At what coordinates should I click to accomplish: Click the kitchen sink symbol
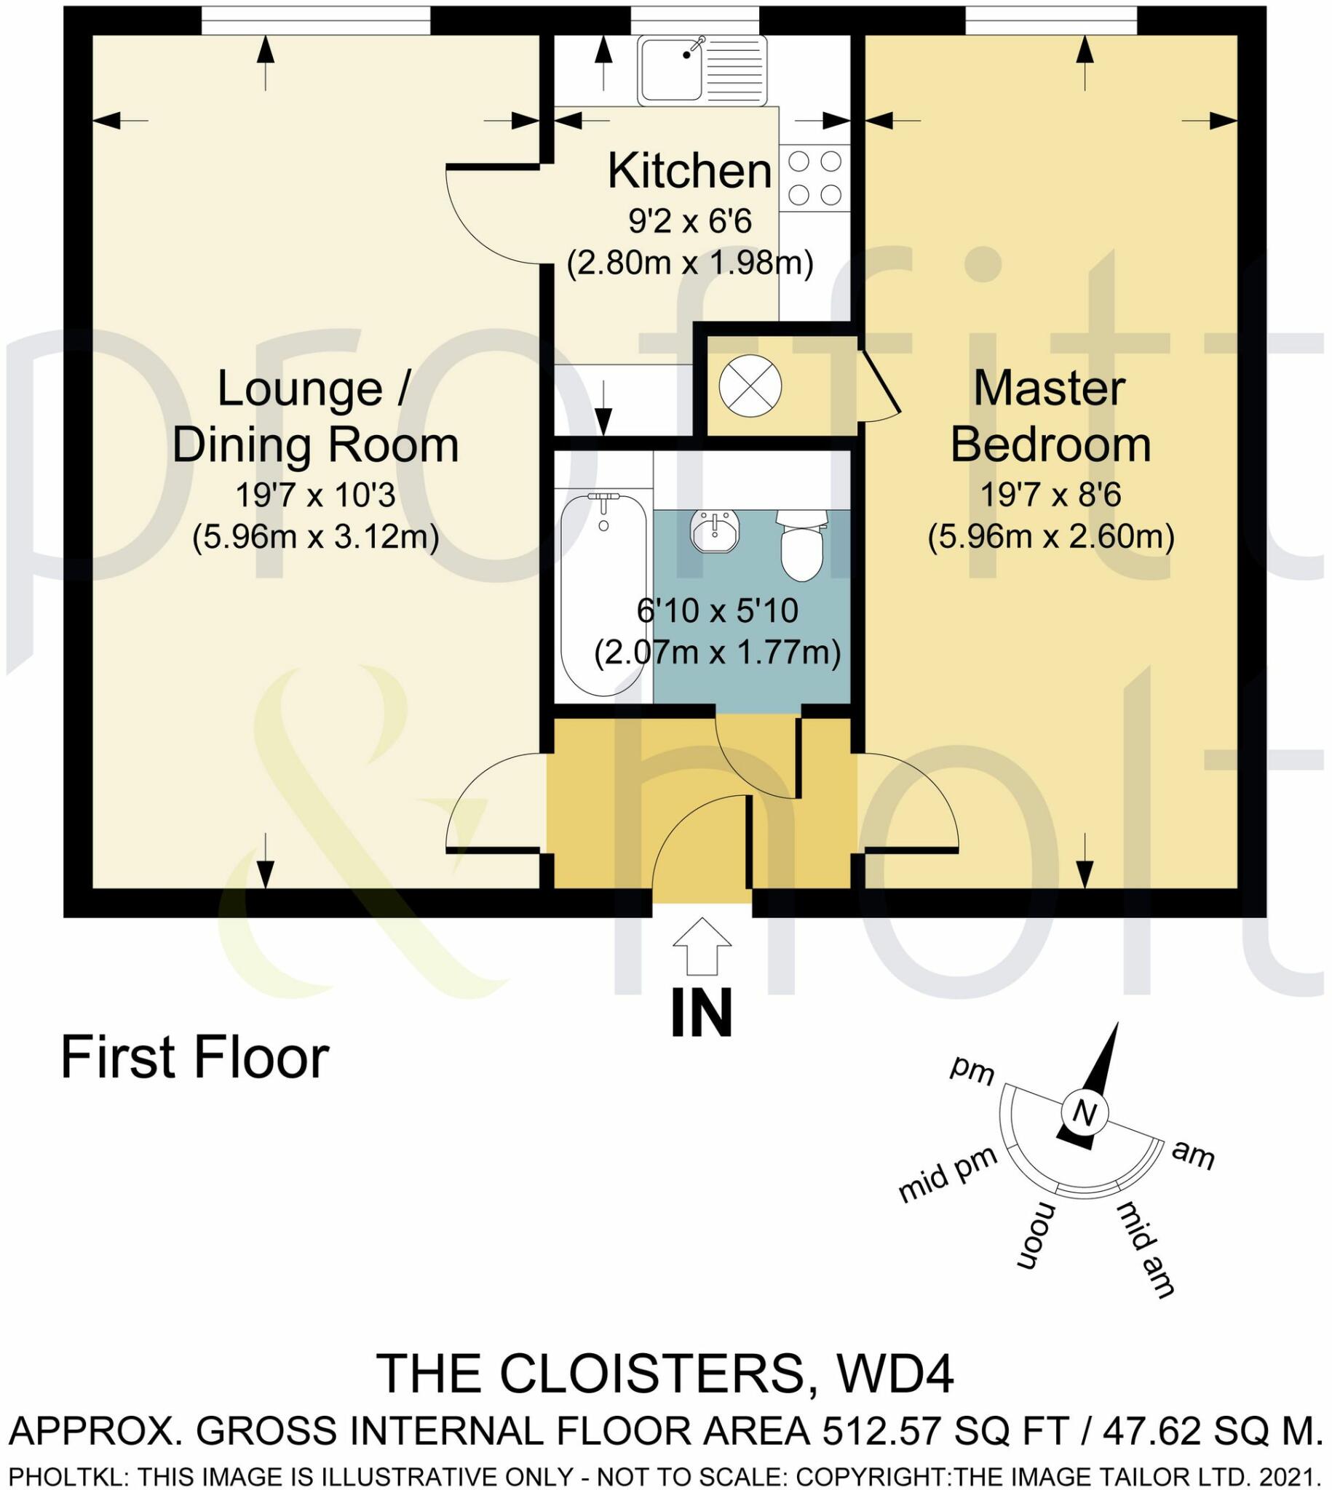click(x=701, y=71)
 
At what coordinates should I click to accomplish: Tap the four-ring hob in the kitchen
click(x=814, y=178)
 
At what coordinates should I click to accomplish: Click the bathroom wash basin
click(x=715, y=531)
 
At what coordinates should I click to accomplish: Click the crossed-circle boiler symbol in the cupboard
click(x=750, y=386)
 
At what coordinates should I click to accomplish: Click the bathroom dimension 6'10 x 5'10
click(x=716, y=610)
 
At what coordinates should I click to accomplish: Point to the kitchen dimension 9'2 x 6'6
click(x=689, y=221)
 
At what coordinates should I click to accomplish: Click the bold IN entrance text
click(x=701, y=1014)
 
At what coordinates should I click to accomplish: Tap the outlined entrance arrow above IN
click(x=701, y=947)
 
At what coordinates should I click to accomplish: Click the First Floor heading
click(x=194, y=1058)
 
